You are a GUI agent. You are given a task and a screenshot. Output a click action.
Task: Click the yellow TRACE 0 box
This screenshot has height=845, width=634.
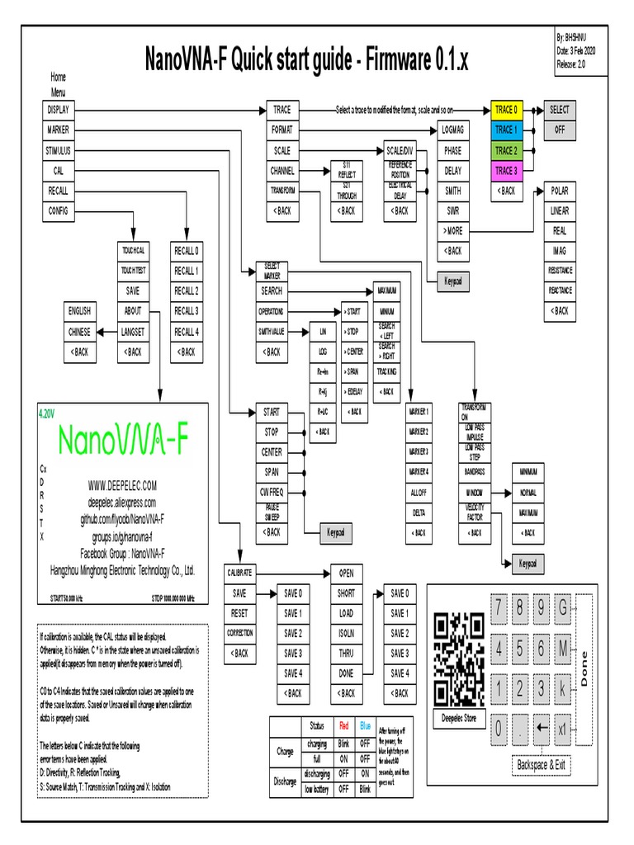(506, 110)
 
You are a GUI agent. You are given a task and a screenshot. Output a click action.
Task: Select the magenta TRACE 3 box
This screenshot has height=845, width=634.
(506, 171)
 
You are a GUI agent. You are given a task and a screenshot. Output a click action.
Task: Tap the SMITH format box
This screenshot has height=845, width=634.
(453, 191)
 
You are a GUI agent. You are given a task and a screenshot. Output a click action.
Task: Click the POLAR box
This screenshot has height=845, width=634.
(560, 191)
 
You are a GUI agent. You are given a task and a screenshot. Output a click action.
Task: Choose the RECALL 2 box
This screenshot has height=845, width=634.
(187, 290)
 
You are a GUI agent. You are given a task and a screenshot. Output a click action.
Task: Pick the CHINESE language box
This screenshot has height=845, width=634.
(79, 332)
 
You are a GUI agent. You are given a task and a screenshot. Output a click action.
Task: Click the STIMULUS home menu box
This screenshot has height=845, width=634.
(59, 150)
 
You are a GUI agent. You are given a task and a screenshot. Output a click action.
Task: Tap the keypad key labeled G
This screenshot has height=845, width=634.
(564, 610)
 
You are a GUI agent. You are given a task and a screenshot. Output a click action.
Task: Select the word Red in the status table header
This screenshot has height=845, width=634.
(344, 726)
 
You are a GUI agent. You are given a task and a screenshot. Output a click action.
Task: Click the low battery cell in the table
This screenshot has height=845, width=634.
(316, 791)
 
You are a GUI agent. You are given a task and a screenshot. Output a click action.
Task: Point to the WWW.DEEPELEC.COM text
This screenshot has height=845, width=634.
(122, 487)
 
